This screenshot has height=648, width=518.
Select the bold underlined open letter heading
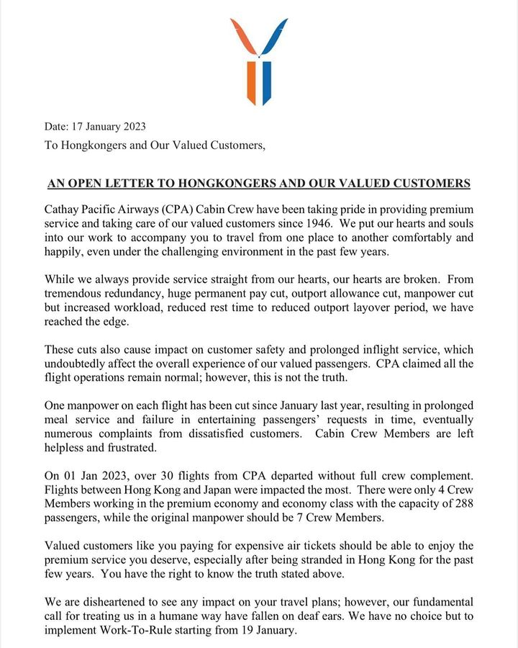click(259, 184)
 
